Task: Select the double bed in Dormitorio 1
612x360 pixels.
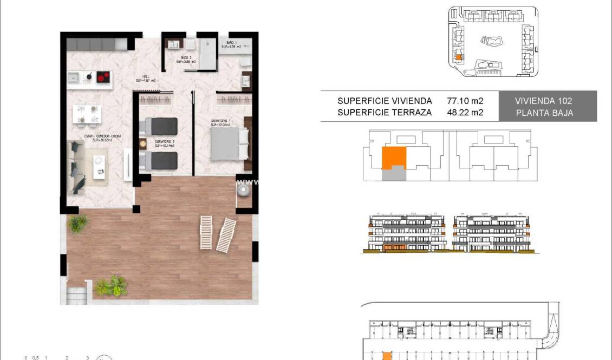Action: (229, 144)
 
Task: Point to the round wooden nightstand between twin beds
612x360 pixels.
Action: (143, 144)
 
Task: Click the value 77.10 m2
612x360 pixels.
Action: (465, 101)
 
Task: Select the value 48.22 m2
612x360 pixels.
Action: (465, 113)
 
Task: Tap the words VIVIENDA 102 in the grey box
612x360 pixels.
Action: (543, 101)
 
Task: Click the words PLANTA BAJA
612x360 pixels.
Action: (543, 113)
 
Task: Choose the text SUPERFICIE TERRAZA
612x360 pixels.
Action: (385, 113)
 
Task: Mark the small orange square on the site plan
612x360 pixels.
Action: (458, 57)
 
